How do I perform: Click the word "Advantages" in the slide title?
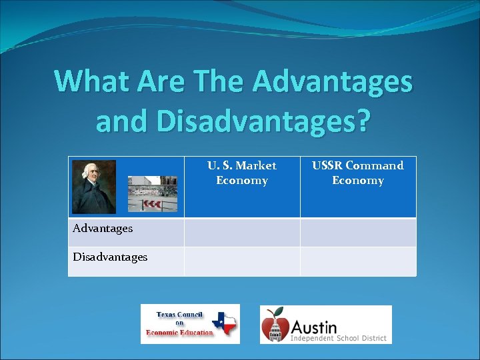333,82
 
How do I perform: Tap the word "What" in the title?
91,82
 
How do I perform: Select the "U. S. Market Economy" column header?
241,173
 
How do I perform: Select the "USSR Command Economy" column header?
358,173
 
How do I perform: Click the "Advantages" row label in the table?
103,229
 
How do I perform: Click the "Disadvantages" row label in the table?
110,257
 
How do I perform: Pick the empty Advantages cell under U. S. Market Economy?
242,233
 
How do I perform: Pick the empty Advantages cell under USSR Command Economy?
358,233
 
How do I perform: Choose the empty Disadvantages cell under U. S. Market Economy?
242,261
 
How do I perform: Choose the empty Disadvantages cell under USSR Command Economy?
358,261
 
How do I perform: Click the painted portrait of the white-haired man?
94,187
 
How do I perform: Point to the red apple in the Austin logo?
275,325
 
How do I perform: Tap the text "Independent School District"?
339,339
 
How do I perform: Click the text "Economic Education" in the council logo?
179,332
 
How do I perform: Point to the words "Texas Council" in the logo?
179,315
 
